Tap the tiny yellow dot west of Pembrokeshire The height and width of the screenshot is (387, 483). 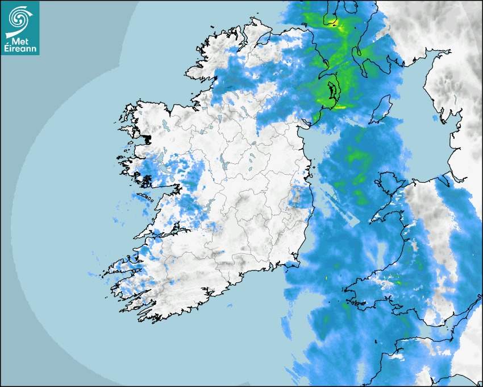tap(327, 278)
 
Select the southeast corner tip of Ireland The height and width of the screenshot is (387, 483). tap(295, 263)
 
